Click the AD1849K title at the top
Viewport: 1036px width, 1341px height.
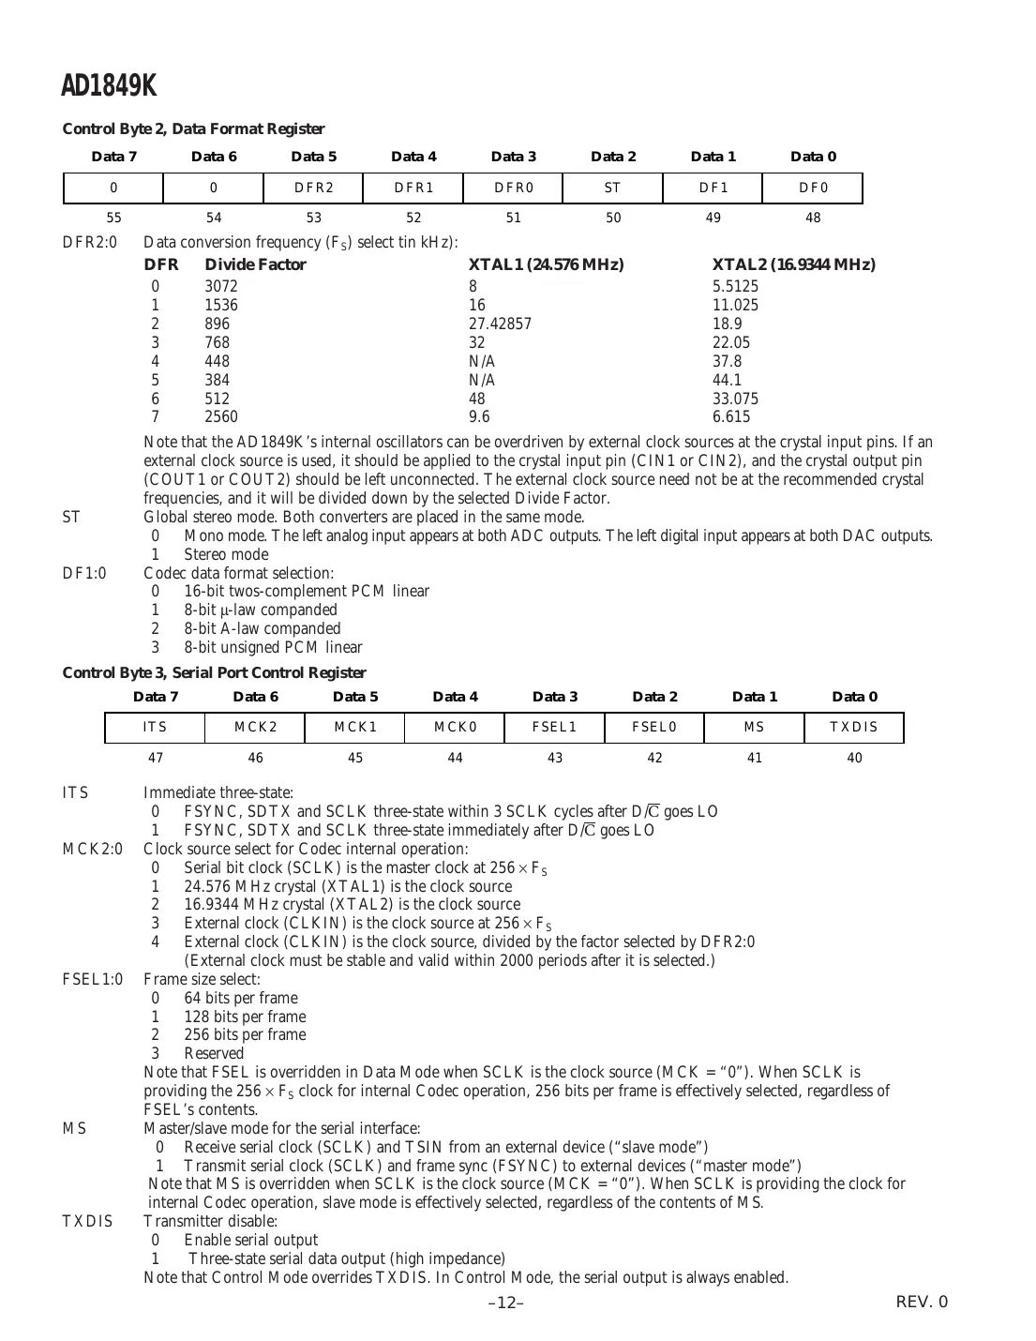(109, 86)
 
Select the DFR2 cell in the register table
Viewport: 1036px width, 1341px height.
(314, 188)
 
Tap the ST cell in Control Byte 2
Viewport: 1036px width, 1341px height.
(612, 188)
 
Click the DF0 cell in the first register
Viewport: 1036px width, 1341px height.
(813, 188)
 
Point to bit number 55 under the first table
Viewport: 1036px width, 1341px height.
(113, 218)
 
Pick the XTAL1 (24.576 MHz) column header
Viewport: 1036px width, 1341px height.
(546, 264)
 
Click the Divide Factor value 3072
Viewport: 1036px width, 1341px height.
(221, 286)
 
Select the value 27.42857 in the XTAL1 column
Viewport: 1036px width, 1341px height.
(500, 324)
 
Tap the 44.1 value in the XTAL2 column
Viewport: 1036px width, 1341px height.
(727, 380)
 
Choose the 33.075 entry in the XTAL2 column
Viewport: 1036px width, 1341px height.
(735, 399)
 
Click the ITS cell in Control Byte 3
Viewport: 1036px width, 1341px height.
(155, 728)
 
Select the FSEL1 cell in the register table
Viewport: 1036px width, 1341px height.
(554, 728)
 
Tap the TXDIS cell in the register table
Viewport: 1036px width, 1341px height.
(854, 728)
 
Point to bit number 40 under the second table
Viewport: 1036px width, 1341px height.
(854, 758)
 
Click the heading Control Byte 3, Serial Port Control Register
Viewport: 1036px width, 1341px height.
(214, 672)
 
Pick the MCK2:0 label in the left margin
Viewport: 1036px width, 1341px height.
(92, 849)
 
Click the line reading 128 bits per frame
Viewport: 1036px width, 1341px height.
(245, 1017)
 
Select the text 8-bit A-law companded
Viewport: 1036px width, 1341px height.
(263, 628)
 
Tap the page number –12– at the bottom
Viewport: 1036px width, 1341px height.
(506, 1303)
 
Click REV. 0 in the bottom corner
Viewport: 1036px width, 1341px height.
(922, 1302)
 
